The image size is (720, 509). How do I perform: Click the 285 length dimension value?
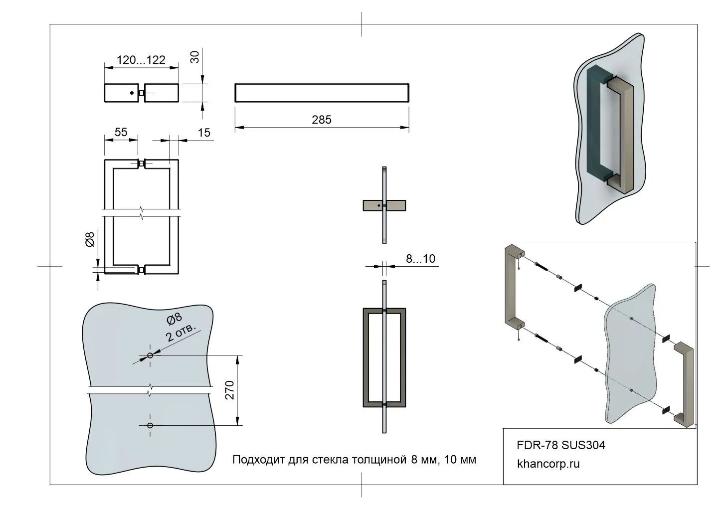322,120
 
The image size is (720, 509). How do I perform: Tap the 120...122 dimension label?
141,60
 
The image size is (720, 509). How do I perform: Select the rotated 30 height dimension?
195,57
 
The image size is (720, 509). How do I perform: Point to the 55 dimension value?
121,132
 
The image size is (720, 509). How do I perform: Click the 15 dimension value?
204,133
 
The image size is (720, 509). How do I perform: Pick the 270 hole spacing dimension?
230,390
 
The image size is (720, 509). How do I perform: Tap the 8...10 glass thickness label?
420,258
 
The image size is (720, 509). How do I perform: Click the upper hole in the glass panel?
150,355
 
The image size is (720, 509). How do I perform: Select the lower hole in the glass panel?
150,425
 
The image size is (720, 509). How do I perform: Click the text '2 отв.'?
181,332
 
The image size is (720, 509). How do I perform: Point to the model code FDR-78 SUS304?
561,445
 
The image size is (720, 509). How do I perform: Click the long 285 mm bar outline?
322,93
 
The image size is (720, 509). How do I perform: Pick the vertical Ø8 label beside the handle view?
90,240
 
